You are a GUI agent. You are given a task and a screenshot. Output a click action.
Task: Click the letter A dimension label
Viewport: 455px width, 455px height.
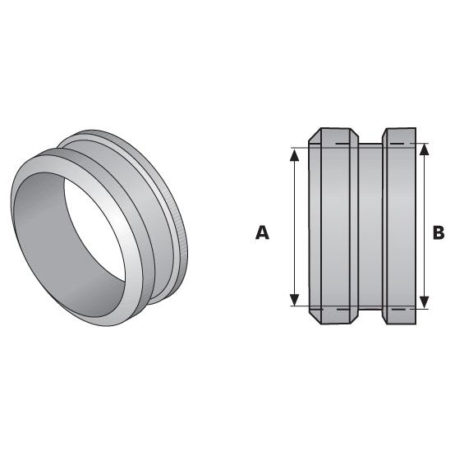[262, 233]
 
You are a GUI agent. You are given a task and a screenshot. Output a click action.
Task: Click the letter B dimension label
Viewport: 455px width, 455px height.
[438, 233]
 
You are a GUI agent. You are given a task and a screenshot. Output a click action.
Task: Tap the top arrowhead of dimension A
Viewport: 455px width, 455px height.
[293, 154]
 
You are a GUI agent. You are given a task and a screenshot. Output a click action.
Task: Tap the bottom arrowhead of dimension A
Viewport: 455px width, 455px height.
[293, 301]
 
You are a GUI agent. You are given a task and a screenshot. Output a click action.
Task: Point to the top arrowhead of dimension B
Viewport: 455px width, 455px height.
[424, 150]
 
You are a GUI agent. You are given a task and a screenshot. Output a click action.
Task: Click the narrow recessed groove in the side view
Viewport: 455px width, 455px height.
[370, 226]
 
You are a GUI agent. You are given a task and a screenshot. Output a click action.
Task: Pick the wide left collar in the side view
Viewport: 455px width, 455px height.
[333, 226]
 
